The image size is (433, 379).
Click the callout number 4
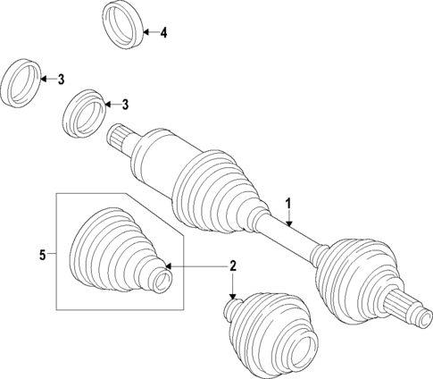[163, 33]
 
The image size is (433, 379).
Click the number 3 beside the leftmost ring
[61, 80]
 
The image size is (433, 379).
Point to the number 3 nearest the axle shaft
[125, 105]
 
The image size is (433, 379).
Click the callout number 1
[288, 204]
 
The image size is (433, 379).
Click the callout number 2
[232, 266]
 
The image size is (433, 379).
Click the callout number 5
[41, 256]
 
